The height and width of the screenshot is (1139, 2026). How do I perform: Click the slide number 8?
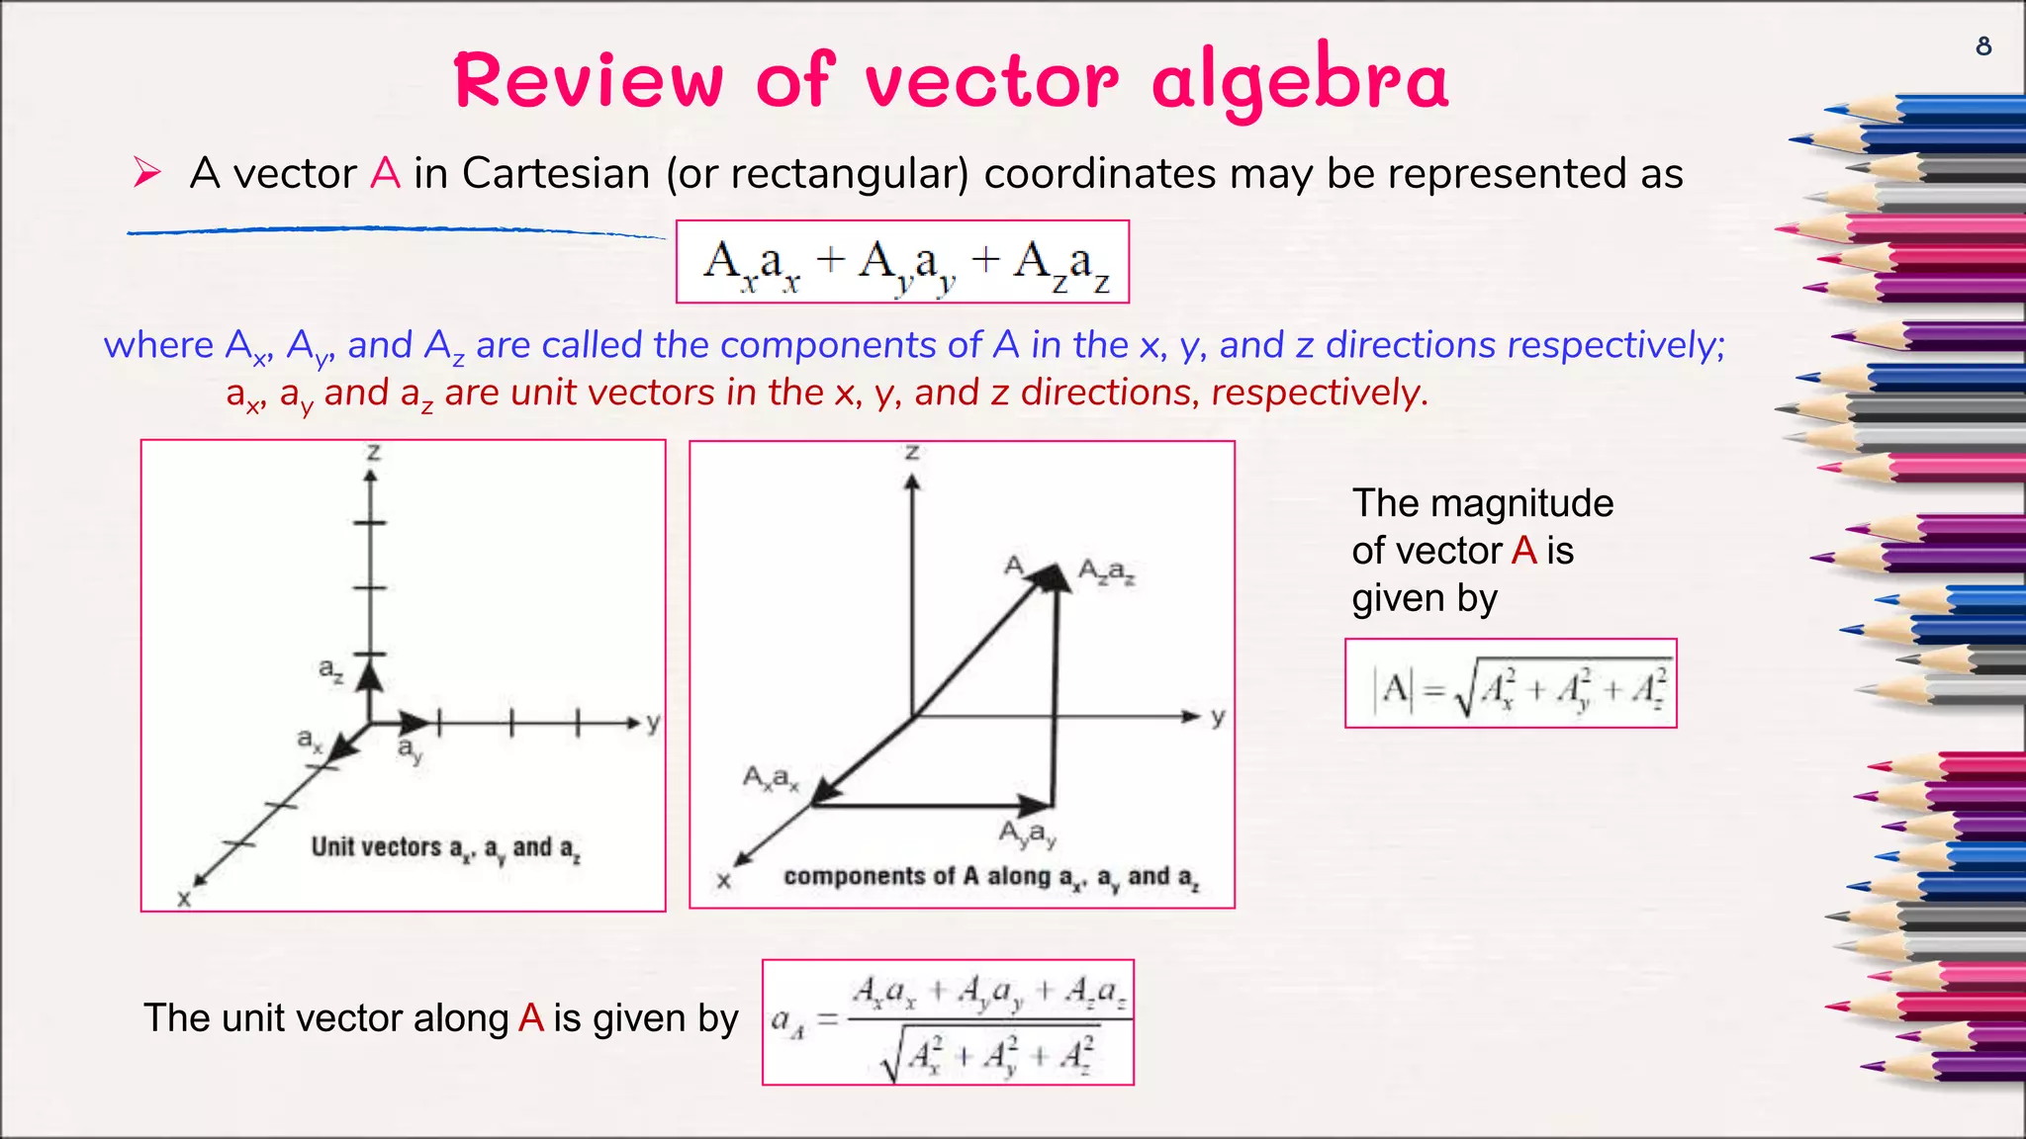click(x=1983, y=46)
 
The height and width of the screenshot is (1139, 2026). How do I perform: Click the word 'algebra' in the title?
click(x=1300, y=81)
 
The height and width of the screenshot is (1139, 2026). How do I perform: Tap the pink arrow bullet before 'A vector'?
click(x=147, y=173)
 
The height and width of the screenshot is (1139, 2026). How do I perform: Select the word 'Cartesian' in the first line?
click(x=556, y=174)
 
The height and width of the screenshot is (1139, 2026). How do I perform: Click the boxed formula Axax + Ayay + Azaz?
click(x=902, y=262)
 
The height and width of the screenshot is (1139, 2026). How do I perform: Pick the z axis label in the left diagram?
click(x=373, y=453)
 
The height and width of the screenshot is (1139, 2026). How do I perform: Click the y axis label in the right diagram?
click(x=1218, y=716)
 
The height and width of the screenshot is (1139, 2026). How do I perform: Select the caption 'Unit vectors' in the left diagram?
click(x=376, y=847)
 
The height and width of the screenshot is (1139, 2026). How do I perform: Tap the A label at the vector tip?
click(x=1013, y=566)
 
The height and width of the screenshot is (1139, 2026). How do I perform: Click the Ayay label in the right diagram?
click(x=1028, y=834)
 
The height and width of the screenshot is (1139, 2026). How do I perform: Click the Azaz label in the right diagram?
click(x=1106, y=571)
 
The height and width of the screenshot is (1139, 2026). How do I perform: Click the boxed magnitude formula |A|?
click(x=1510, y=684)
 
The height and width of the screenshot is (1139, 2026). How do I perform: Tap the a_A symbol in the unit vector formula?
click(x=787, y=1021)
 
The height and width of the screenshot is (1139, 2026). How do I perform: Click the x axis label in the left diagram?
click(x=184, y=899)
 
